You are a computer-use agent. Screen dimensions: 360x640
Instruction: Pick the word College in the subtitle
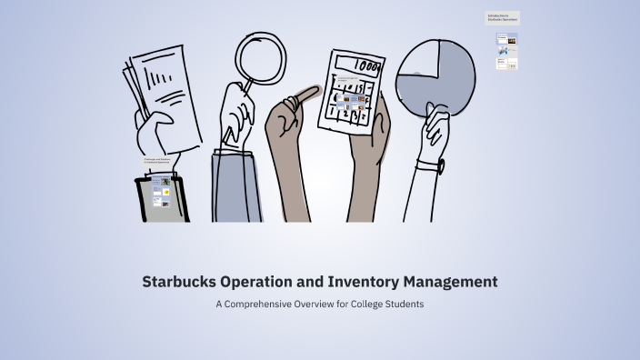pyautogui.click(x=372, y=305)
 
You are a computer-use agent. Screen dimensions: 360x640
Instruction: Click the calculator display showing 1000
pyautogui.click(x=365, y=67)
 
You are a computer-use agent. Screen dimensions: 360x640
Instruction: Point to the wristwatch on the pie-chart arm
pyautogui.click(x=441, y=166)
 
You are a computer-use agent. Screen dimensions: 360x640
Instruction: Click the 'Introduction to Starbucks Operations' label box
pyautogui.click(x=503, y=17)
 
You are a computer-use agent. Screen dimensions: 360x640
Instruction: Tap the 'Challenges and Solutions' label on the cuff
pyautogui.click(x=157, y=162)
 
